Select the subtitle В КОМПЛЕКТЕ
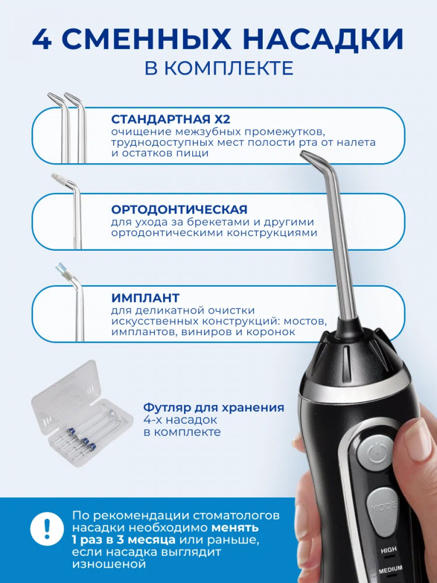tap(219, 68)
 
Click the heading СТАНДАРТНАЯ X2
tap(171, 120)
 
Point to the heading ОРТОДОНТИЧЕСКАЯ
tap(179, 209)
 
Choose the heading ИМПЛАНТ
tap(145, 298)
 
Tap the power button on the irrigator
tap(375, 454)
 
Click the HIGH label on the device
tap(388, 550)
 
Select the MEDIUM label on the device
tap(390, 569)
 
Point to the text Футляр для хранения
tap(214, 408)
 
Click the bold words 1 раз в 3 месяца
tap(124, 539)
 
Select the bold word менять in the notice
tap(235, 527)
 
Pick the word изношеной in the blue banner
tap(109, 564)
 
